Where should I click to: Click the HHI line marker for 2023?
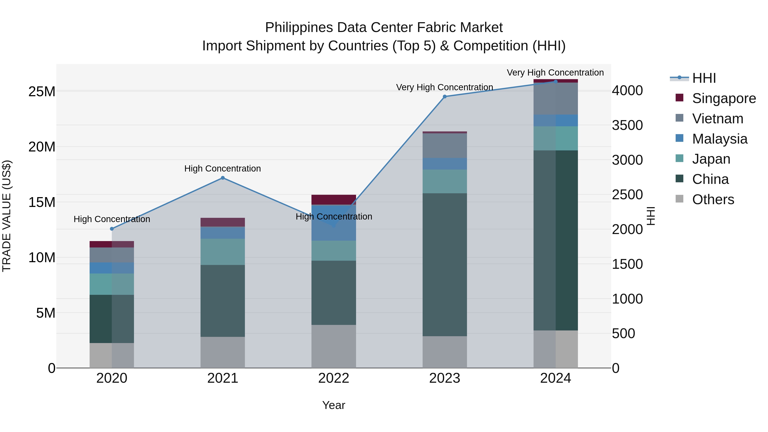point(445,97)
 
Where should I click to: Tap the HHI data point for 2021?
point(223,178)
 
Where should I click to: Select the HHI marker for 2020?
point(112,229)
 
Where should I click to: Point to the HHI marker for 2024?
point(556,81)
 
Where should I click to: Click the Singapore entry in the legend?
point(724,98)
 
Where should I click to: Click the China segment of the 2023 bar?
point(445,265)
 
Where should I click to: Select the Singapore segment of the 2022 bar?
point(334,199)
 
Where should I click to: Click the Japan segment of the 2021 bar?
point(223,252)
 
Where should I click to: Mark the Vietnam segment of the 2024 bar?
point(556,98)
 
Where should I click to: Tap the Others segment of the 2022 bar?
point(334,346)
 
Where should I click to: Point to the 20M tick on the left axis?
point(42,147)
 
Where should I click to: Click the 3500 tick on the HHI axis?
point(627,125)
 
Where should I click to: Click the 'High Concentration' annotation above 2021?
point(223,169)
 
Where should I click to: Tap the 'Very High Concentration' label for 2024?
point(555,73)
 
